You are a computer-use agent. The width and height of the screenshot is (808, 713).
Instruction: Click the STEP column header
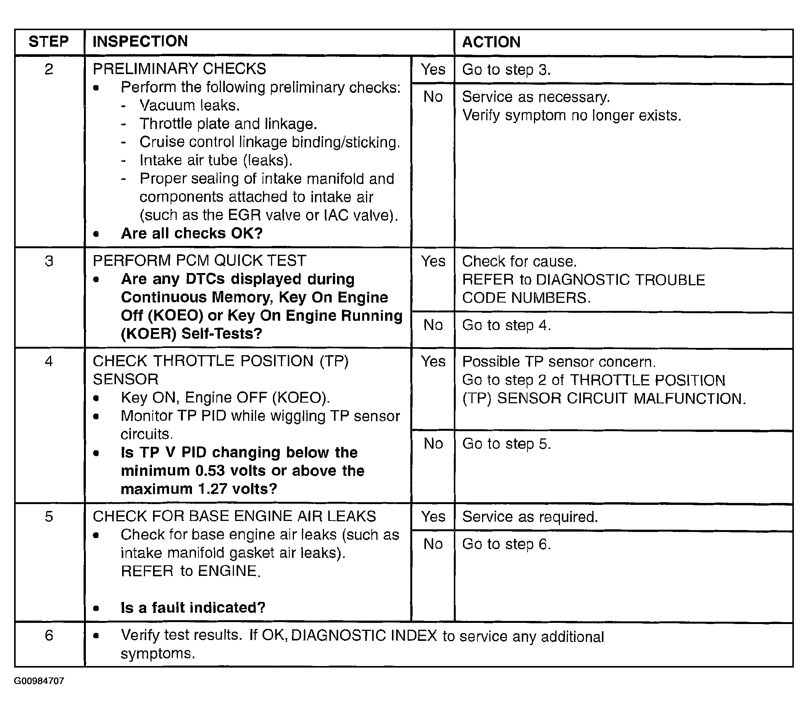(48, 42)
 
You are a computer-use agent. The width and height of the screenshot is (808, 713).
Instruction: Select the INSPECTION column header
(140, 42)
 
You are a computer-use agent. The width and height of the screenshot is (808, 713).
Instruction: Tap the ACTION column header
(491, 42)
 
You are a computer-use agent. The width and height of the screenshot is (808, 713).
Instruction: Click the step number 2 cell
(48, 69)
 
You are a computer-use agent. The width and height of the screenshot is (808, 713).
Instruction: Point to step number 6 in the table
(48, 635)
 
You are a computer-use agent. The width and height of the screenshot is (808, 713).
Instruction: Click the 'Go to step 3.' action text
(506, 70)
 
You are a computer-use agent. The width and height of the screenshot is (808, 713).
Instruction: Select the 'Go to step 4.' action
(506, 325)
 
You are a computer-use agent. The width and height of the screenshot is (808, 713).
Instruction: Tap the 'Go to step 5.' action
(506, 444)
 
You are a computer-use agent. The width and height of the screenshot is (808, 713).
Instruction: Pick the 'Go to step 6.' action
(506, 544)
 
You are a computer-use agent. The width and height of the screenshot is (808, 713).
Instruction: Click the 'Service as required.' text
(530, 517)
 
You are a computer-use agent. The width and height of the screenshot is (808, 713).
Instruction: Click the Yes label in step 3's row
(433, 261)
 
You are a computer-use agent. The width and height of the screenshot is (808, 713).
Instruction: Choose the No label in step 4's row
(433, 444)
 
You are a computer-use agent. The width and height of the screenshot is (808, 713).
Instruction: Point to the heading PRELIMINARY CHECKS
(179, 69)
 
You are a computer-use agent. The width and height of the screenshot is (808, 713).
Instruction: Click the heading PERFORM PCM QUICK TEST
(199, 260)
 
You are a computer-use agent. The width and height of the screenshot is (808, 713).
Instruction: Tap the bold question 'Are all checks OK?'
(192, 233)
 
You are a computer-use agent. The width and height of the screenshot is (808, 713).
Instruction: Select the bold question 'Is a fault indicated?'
(193, 608)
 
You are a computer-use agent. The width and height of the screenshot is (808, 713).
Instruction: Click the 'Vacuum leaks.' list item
(190, 105)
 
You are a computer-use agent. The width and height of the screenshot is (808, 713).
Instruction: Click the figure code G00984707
(39, 681)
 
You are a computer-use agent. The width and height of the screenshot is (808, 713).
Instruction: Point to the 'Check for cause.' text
(519, 261)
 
